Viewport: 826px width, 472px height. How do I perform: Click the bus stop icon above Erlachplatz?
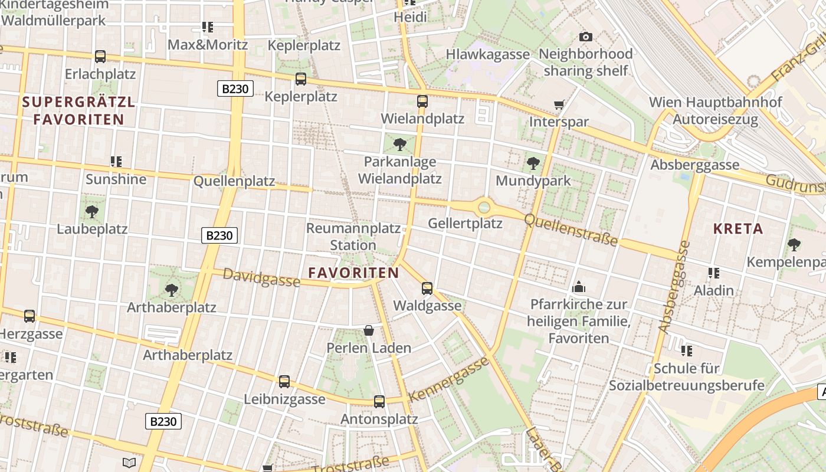pos(100,57)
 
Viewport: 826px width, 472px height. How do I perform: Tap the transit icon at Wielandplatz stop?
pos(422,101)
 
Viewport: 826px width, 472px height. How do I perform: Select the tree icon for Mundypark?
pos(533,163)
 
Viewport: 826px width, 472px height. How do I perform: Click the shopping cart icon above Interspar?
pos(559,105)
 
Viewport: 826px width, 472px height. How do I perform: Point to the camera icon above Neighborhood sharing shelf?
pos(585,37)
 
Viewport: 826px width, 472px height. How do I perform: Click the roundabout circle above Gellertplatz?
pos(484,207)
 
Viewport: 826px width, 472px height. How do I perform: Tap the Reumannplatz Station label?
pos(353,237)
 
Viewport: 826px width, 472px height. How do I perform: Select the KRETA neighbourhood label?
pos(738,229)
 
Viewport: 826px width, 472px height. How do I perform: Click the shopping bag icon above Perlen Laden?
pos(369,330)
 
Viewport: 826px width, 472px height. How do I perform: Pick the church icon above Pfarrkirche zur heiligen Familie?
pos(579,287)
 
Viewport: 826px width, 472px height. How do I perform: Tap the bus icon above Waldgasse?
pos(427,289)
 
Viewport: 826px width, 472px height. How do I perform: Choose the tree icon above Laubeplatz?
pos(91,211)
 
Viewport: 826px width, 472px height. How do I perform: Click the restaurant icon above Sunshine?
pos(116,161)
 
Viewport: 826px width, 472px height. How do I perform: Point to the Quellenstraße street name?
pos(571,230)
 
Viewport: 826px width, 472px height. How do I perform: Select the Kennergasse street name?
pos(449,379)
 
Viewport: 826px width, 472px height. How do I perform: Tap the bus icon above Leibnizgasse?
pos(284,382)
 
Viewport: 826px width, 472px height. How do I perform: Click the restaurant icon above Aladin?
pos(714,273)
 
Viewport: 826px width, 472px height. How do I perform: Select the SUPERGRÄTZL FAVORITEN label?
pos(79,110)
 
